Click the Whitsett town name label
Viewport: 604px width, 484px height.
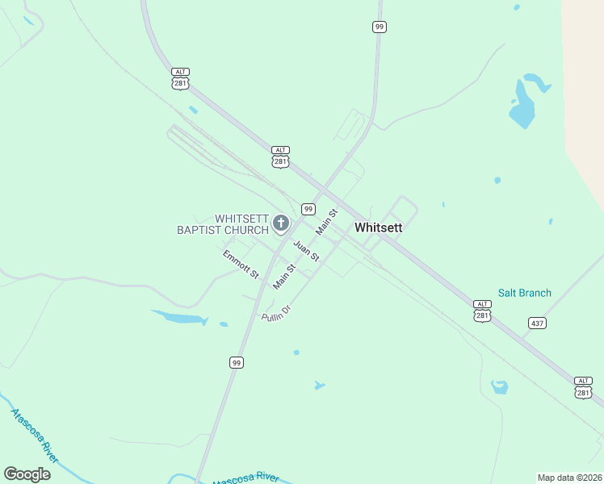coord(378,227)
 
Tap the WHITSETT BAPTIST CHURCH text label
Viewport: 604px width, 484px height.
coord(222,224)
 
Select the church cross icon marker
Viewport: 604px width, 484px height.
coord(281,223)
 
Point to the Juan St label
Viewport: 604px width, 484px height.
coord(306,251)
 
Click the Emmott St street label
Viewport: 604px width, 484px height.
coord(241,265)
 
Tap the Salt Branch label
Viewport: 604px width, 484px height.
coord(524,293)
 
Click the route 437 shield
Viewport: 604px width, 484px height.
coord(537,323)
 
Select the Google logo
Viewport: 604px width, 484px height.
coord(27,474)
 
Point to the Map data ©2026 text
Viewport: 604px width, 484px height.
coord(569,477)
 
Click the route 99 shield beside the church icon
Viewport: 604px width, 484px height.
coord(308,209)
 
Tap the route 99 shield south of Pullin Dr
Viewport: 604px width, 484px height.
coord(236,363)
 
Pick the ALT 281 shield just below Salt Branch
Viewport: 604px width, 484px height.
coord(482,311)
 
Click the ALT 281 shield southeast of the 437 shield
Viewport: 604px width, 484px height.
coord(583,387)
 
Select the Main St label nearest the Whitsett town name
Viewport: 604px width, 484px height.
coord(327,223)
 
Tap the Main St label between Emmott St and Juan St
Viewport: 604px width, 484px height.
coord(284,276)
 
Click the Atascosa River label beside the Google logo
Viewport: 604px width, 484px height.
coord(34,436)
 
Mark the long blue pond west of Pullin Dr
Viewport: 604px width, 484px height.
coord(179,317)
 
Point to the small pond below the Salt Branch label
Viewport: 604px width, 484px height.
coord(500,386)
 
